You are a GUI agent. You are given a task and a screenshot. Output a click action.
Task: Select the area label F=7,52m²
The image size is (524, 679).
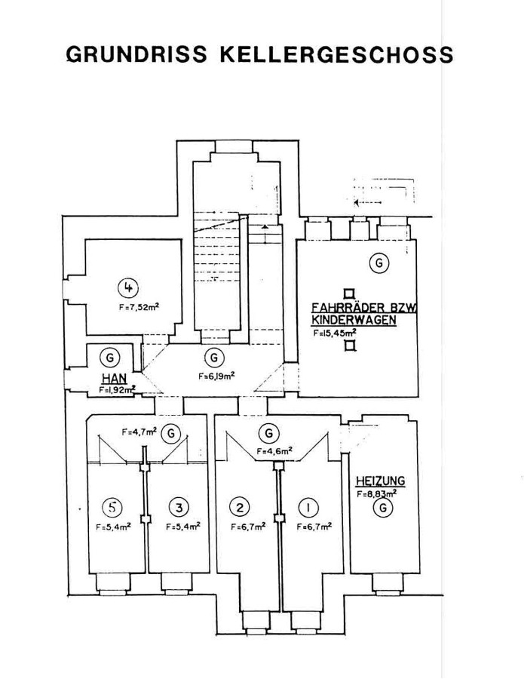point(139,307)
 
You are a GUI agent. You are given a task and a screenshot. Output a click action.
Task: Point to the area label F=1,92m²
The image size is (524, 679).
point(116,390)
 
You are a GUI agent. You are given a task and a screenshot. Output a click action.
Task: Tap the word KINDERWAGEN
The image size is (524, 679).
point(354,320)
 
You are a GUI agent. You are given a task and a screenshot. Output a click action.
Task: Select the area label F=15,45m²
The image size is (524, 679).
point(336,332)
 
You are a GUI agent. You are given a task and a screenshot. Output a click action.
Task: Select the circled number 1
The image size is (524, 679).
point(312,506)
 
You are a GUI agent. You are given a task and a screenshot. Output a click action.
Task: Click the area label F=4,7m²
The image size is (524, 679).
point(139,432)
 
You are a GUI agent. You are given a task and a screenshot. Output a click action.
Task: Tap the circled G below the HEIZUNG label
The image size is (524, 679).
point(383,509)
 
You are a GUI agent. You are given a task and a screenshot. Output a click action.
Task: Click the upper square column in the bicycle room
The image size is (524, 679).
point(349,293)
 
